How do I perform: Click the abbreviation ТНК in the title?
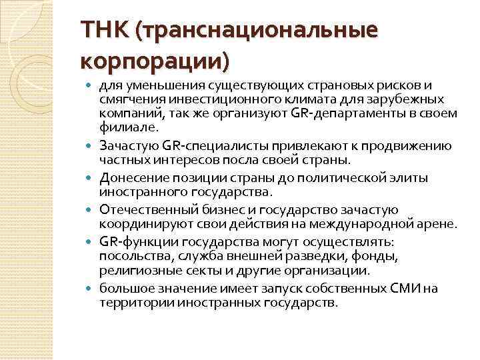(103, 30)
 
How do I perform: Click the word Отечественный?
(144, 211)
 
